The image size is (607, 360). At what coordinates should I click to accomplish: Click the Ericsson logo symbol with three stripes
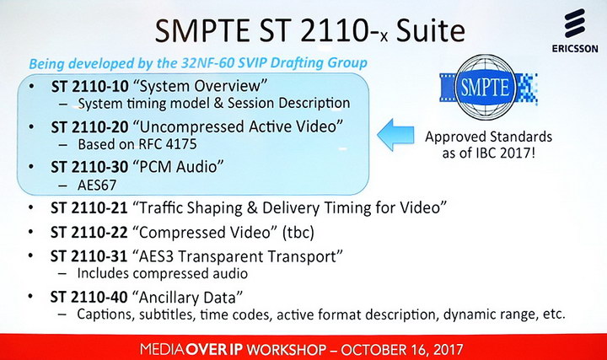(x=574, y=24)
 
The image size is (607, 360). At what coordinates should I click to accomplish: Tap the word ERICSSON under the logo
(x=575, y=49)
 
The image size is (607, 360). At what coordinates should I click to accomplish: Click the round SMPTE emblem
(x=486, y=87)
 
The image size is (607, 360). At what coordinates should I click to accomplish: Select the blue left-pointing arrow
(x=395, y=135)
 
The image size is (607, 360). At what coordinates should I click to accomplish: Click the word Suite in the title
(x=430, y=31)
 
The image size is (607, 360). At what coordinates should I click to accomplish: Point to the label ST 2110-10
(x=90, y=86)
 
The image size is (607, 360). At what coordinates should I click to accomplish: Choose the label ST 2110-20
(x=90, y=127)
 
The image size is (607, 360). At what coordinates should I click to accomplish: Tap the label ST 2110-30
(x=89, y=167)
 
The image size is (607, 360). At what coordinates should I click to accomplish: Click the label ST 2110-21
(x=89, y=208)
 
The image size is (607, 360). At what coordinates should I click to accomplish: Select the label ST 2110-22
(x=89, y=233)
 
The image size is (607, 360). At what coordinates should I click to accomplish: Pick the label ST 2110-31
(x=89, y=256)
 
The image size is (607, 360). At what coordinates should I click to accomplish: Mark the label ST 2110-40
(x=89, y=298)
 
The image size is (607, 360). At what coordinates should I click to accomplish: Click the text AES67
(x=97, y=185)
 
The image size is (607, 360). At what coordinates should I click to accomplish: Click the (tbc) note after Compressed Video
(x=298, y=233)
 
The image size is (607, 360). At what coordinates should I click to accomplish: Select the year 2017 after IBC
(x=518, y=153)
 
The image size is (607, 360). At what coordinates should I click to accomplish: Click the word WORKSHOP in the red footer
(x=286, y=350)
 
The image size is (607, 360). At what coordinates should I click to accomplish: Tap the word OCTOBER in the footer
(x=373, y=350)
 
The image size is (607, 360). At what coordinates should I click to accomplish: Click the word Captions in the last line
(x=105, y=314)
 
